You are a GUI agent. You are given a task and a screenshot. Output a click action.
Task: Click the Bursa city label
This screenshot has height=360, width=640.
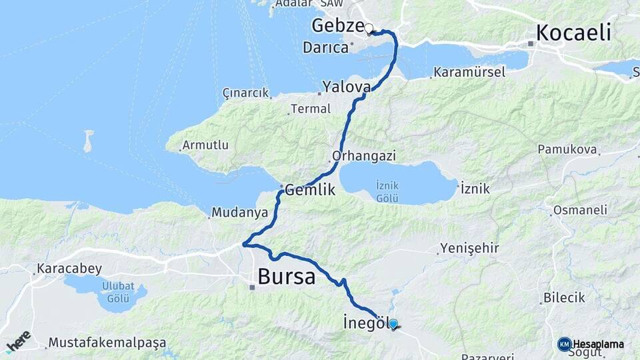coord(286,275)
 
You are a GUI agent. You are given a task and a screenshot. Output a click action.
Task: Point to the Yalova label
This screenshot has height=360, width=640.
coord(346,87)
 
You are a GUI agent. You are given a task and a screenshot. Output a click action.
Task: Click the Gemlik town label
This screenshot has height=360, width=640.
coord(310,190)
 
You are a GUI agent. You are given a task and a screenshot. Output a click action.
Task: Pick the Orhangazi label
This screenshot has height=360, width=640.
coord(363,156)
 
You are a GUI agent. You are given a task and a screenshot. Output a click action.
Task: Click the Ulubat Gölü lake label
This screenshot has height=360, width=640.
coord(113,293)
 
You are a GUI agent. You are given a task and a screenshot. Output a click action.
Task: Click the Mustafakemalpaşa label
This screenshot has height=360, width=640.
coord(107,343)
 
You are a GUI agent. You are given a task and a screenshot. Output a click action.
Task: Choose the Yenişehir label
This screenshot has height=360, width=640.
coord(469,249)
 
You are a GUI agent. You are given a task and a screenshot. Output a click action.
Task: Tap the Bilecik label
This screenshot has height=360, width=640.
coord(564,298)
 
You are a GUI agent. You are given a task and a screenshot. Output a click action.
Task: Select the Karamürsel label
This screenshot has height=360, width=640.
coord(469,72)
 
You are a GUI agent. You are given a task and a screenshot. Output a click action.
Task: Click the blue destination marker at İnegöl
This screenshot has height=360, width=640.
coord(393,324)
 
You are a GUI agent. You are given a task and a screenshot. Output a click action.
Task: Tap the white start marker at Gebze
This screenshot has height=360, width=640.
coord(368,28)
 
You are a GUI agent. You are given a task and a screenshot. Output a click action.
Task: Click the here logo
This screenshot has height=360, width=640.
coord(18,340)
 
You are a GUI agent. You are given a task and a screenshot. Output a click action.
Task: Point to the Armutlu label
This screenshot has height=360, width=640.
coord(205,145)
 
